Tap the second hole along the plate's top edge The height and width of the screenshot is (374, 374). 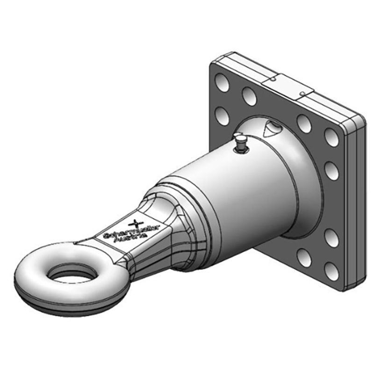point(249,96)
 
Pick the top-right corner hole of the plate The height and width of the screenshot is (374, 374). point(331,137)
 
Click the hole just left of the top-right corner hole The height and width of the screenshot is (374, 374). point(304,123)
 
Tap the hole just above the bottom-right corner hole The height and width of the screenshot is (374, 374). point(331,237)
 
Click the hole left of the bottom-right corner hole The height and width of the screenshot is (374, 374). point(304,257)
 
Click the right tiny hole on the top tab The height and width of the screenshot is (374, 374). point(303,94)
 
